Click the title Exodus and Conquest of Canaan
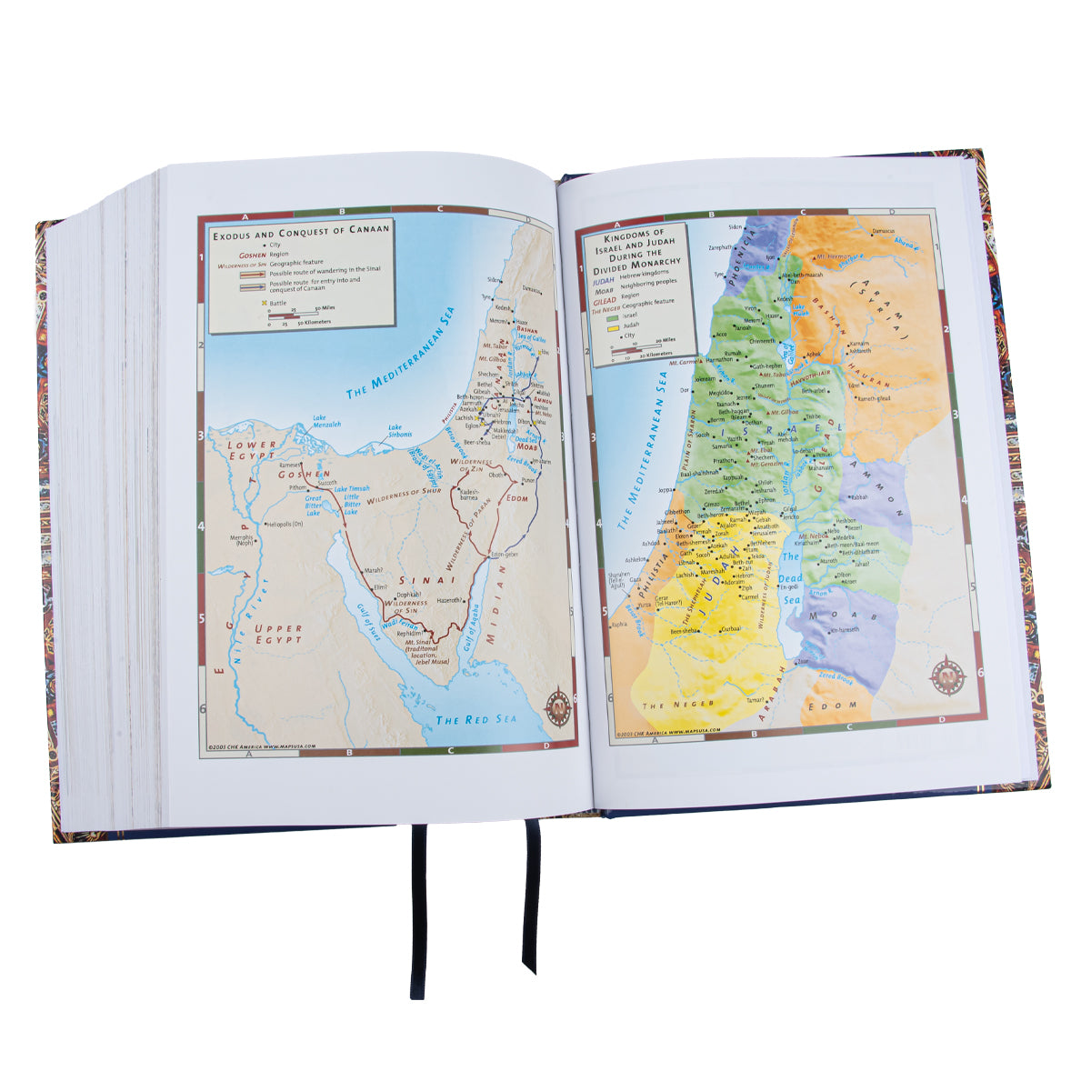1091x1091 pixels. click(x=301, y=229)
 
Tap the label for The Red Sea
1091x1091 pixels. click(x=475, y=719)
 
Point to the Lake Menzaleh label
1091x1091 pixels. click(x=326, y=423)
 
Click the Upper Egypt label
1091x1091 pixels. click(x=278, y=634)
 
